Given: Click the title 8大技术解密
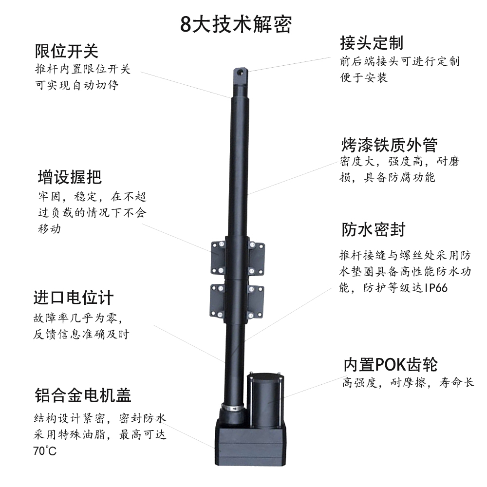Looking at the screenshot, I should coord(236,24).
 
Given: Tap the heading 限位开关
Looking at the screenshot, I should coord(67,51).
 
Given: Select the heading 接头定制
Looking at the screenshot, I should coord(372,43).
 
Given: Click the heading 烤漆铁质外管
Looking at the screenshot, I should coord(389,145).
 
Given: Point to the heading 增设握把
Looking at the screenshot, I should coord(70,177).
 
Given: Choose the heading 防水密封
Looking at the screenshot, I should coord(374,229).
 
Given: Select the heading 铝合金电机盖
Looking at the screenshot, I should coord(83,395).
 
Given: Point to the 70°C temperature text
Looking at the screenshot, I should coord(45,450).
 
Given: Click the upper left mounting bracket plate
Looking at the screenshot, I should coord(219,257).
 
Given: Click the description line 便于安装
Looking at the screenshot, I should coord(364,77).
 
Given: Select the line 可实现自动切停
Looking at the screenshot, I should coord(77,85).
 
